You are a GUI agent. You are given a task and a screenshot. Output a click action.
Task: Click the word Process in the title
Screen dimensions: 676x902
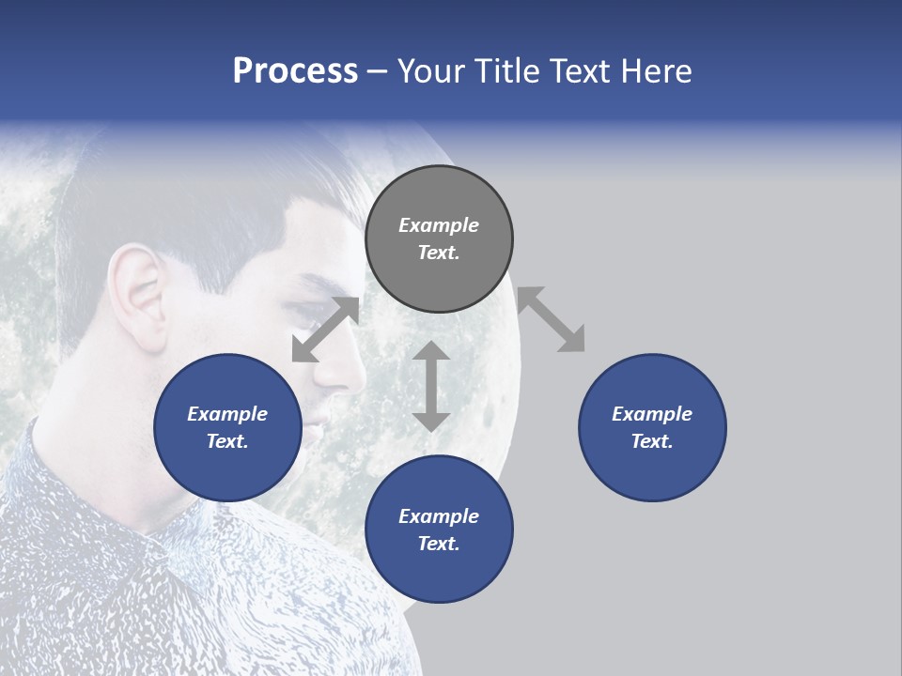295,71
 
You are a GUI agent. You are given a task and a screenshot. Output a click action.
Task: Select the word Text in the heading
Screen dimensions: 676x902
580,71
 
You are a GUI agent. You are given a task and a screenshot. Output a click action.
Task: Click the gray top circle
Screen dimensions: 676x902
439,239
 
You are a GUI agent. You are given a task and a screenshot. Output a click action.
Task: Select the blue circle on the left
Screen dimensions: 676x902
228,427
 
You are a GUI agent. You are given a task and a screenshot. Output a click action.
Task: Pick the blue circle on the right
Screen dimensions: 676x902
652,427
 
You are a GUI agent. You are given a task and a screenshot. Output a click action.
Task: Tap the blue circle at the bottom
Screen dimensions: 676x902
439,530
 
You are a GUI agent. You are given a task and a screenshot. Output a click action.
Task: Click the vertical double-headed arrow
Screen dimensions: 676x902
431,386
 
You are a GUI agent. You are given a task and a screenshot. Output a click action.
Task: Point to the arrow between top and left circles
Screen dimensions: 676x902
326,329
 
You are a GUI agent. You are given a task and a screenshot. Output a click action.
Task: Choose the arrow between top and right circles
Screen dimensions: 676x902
551,320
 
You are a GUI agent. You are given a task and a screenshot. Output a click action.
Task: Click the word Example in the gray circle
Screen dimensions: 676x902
439,225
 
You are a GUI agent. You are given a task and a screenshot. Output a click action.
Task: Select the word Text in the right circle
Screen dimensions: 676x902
652,441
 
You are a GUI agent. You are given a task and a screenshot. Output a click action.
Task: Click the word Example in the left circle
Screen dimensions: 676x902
227,414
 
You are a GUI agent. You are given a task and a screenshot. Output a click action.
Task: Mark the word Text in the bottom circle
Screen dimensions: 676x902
439,544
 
